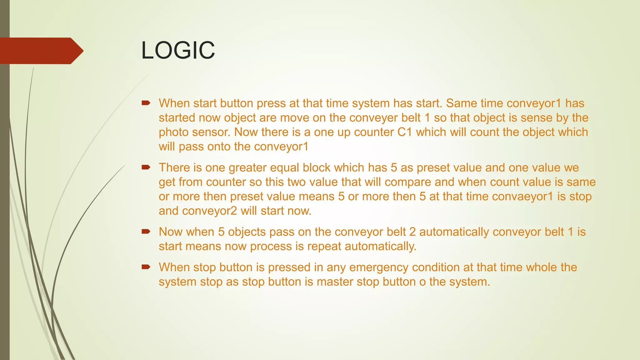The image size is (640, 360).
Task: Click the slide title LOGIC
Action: (178, 50)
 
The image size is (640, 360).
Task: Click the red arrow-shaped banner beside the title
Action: (41, 51)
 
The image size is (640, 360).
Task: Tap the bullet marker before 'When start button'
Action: (146, 103)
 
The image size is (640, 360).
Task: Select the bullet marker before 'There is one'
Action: (146, 167)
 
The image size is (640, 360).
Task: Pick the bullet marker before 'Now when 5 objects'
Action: (146, 232)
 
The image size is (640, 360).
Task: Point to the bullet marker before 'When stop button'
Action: (146, 267)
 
